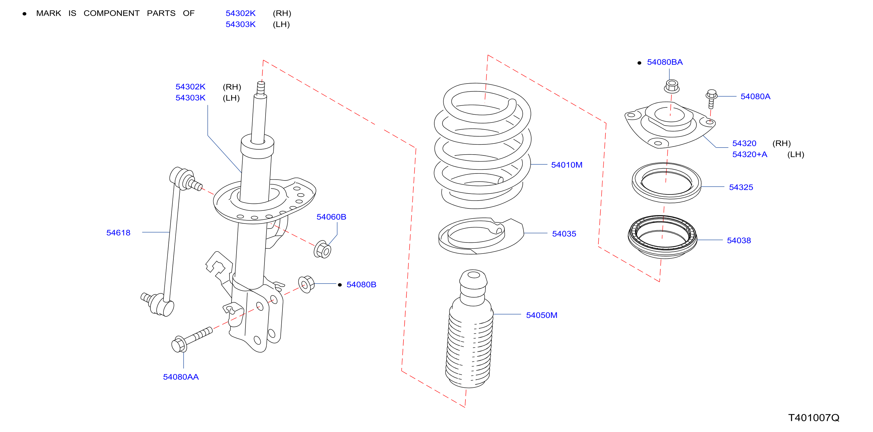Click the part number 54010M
point(567,165)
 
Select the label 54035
point(564,234)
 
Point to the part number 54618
point(118,233)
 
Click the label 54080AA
point(181,377)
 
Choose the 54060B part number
point(331,217)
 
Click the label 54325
point(741,187)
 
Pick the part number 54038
point(739,240)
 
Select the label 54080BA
point(665,62)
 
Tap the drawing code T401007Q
point(814,417)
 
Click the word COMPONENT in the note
point(111,13)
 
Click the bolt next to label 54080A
point(711,99)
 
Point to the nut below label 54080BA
point(672,86)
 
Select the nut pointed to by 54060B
point(322,249)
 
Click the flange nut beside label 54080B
point(306,284)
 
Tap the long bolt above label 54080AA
point(192,339)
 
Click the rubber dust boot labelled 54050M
point(470,329)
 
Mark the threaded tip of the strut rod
point(261,88)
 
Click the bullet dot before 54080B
point(339,285)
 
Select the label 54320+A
point(750,154)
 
